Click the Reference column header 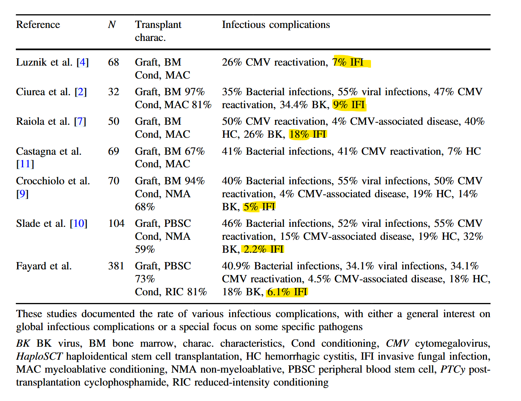tap(38, 25)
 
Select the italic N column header tap(112, 25)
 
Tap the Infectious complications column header tap(276, 25)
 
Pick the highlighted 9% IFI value tap(349, 105)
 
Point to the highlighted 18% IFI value tap(308, 134)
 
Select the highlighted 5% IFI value tap(259, 207)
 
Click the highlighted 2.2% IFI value tap(263, 249)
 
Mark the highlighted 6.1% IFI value tap(287, 292)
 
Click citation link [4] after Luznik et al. tap(83, 62)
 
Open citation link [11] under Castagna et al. tap(25, 164)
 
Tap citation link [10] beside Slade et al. tap(79, 224)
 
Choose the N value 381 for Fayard tap(116, 266)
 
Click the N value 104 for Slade tap(116, 224)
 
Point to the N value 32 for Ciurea tap(114, 92)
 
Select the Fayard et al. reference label tap(44, 266)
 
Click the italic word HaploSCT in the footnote tap(39, 356)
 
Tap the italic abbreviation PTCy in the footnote tap(453, 369)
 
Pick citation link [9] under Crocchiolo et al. tap(22, 194)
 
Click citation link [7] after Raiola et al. tap(80, 122)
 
